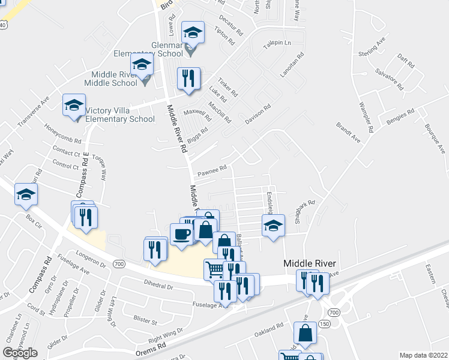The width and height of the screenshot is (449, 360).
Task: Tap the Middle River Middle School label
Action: (x=110, y=78)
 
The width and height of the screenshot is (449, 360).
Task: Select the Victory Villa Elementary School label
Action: (x=120, y=114)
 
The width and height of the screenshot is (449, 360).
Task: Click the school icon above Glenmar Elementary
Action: (x=193, y=32)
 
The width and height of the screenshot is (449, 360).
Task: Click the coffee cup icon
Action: (x=181, y=234)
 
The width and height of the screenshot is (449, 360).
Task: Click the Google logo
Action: (x=20, y=353)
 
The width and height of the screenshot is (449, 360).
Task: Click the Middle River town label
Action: (x=309, y=264)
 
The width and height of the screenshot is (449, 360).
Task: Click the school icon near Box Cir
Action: (x=26, y=194)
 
